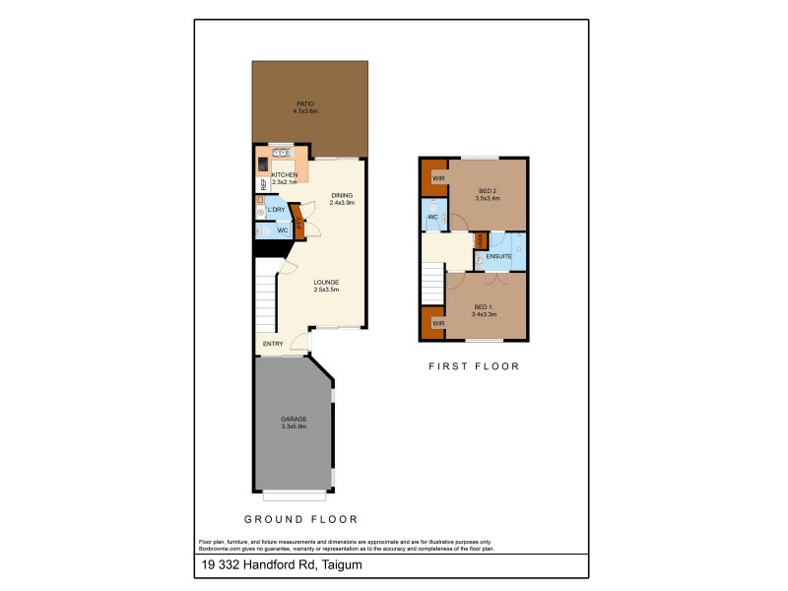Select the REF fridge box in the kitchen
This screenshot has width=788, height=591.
pyautogui.click(x=263, y=184)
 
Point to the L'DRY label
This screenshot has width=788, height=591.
pyautogui.click(x=277, y=210)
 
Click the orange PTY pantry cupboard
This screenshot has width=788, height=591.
pyautogui.click(x=298, y=222)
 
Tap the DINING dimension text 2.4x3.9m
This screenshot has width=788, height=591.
pyautogui.click(x=341, y=203)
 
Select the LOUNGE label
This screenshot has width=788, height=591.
pyautogui.click(x=326, y=282)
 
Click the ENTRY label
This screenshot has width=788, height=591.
pyautogui.click(x=273, y=344)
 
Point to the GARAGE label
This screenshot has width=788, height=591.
pyautogui.click(x=295, y=419)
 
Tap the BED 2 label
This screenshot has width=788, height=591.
pyautogui.click(x=488, y=190)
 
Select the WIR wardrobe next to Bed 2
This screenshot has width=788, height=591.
pyautogui.click(x=435, y=177)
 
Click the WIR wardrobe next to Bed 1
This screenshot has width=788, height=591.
pyautogui.click(x=434, y=322)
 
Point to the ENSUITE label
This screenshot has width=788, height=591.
pyautogui.click(x=499, y=256)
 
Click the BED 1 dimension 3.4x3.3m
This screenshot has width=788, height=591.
pyautogui.click(x=484, y=314)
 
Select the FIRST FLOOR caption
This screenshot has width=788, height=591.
pyautogui.click(x=473, y=366)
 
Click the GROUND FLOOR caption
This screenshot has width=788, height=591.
pyautogui.click(x=300, y=519)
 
